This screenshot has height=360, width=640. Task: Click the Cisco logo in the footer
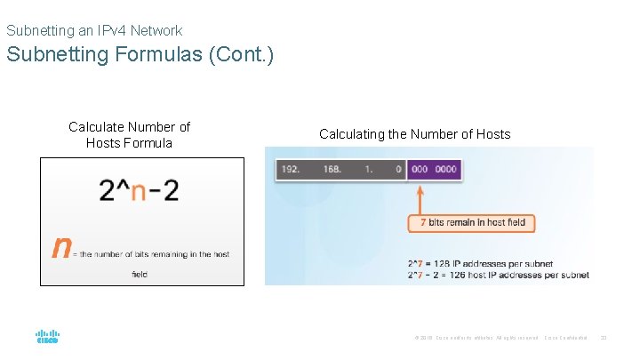tap(47, 337)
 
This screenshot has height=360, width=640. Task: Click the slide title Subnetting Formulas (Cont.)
tap(140, 54)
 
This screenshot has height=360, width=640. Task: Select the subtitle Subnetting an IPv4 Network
tap(94, 30)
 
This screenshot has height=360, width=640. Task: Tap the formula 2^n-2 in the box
tap(139, 190)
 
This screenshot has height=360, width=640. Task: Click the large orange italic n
tap(61, 246)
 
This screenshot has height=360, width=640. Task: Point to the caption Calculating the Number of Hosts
tap(414, 134)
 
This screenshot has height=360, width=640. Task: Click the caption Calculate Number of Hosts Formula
tap(130, 134)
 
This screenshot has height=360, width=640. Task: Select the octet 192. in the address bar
tap(292, 169)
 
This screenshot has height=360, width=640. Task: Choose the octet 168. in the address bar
tap(332, 169)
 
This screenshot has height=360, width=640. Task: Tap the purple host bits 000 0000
tap(434, 169)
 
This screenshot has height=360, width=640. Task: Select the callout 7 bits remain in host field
tap(471, 221)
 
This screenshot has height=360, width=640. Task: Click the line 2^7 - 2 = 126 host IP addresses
tap(498, 275)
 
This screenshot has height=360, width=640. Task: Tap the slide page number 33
tap(604, 338)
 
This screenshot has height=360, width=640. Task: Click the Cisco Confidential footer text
tap(565, 338)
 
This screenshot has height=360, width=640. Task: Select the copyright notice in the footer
tap(476, 338)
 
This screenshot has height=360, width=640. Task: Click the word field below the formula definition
tap(140, 275)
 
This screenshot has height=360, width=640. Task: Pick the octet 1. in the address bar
tap(369, 169)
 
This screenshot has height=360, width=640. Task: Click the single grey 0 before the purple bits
tap(398, 169)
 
